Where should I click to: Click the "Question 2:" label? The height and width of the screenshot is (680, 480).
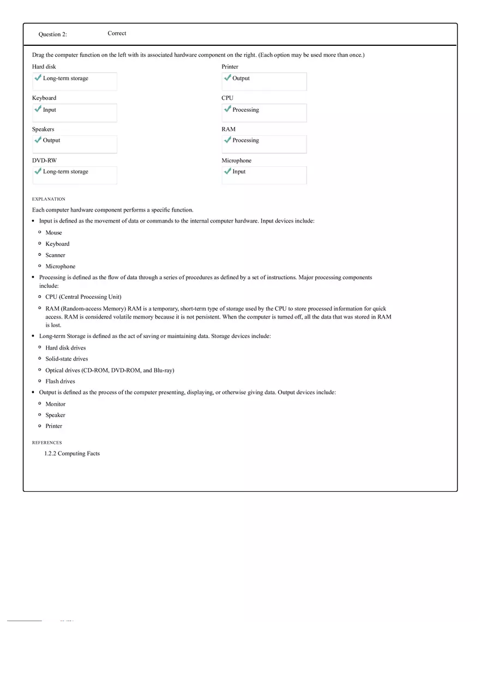point(52,34)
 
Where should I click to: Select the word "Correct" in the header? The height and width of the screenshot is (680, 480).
point(117,33)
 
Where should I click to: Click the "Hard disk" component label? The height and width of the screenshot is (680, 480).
point(44,67)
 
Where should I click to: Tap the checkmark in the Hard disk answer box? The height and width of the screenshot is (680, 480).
point(38,78)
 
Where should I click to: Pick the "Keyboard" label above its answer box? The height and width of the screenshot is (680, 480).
point(44,98)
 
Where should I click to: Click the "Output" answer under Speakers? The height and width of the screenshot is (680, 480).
point(51,140)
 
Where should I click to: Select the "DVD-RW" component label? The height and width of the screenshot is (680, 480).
point(44,160)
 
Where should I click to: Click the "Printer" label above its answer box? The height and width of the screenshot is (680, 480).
point(230,67)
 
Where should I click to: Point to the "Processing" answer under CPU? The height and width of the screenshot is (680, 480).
point(245,110)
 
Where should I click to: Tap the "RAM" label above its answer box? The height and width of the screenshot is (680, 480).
point(229,129)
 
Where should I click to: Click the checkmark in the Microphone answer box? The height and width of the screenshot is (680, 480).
point(227,171)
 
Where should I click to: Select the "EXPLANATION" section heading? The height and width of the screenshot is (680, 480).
point(49,199)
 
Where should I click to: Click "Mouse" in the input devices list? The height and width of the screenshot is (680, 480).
point(53,233)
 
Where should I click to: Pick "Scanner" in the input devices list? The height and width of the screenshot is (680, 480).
point(55,255)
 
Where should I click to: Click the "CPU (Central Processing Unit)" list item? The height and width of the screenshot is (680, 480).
point(83,297)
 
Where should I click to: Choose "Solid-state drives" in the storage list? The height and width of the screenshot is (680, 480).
point(67,359)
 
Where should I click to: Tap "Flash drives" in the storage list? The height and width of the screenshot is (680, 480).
point(60,381)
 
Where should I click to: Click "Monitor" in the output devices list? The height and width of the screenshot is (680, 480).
point(55,404)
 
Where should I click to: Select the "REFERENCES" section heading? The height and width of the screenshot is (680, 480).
point(47,443)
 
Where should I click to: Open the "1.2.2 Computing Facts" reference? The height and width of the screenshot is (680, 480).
point(72,454)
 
